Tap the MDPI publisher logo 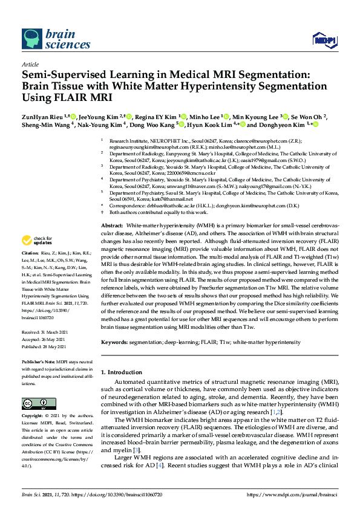tap(325, 41)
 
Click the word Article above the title tap(30, 63)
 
